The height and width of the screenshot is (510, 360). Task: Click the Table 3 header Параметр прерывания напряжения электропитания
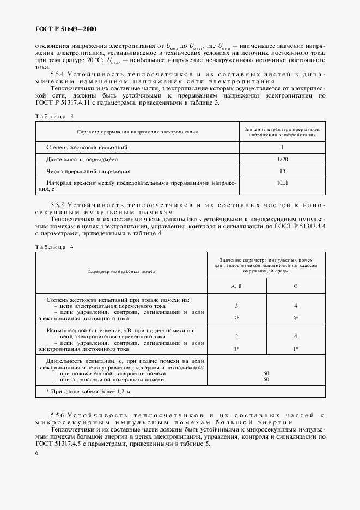click(x=137, y=131)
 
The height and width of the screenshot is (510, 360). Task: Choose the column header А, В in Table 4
click(x=236, y=286)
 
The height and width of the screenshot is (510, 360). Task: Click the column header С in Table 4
click(x=295, y=286)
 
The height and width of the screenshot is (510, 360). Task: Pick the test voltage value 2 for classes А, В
click(x=236, y=336)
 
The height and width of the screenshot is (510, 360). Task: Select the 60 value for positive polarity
click(x=266, y=373)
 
